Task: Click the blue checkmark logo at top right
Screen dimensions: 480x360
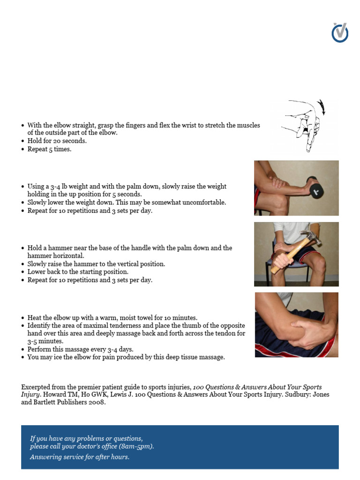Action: [x=340, y=33]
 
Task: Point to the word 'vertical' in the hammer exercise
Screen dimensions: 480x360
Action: [x=126, y=264]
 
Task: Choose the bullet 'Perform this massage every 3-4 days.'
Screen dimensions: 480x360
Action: [x=80, y=349]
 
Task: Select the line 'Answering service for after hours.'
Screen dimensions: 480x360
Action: [x=80, y=457]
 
